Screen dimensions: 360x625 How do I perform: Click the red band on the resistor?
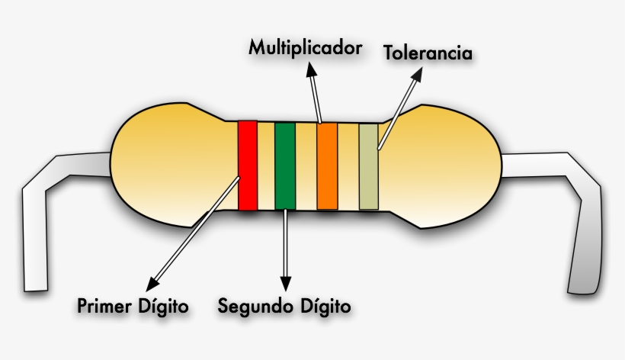[247, 165]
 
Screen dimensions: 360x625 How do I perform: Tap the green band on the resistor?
[285, 165]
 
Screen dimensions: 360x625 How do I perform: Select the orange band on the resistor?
[327, 165]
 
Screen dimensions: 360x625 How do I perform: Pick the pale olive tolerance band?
[369, 166]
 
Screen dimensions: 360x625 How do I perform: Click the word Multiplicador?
[305, 48]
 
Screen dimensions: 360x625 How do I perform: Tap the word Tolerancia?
[428, 53]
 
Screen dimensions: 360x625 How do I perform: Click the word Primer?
[103, 307]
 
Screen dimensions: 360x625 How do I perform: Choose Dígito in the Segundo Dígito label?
[324, 307]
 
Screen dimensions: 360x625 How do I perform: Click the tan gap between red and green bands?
[266, 165]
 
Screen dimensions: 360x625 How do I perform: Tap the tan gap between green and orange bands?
[306, 165]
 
